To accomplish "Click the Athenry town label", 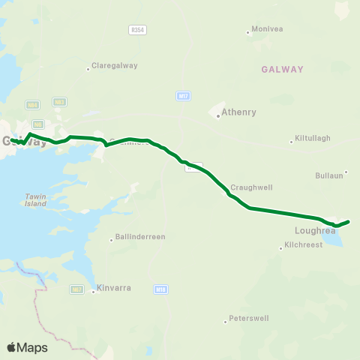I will click(239, 112).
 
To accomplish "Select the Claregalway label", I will click(114, 65).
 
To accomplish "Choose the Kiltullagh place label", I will click(313, 138).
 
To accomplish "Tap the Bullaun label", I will click(332, 175).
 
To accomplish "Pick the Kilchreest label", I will click(303, 245).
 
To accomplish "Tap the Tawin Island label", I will click(35, 199).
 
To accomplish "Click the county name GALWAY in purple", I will click(283, 69).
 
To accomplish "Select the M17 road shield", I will click(184, 96).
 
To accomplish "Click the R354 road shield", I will click(137, 28).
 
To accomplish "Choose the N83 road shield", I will click(60, 101).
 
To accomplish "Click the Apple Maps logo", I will click(27, 347).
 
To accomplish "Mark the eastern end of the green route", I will click(349, 221).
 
